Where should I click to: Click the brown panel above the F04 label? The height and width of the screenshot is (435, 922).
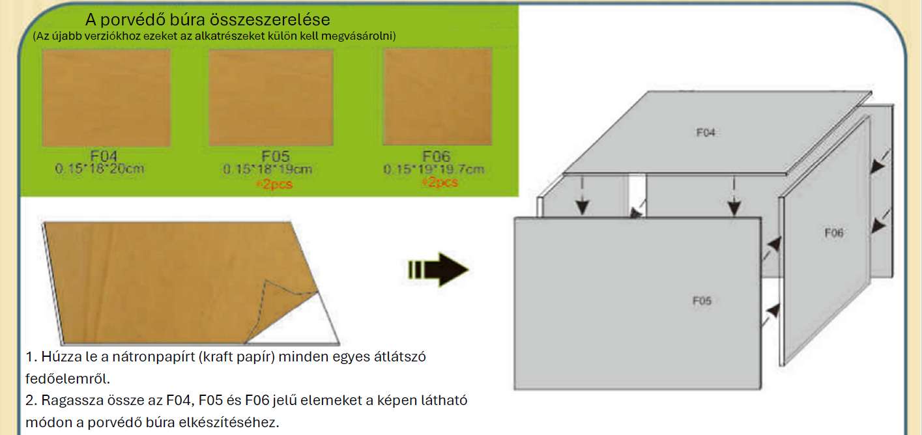click(x=106, y=98)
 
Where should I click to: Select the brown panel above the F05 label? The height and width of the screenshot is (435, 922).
click(x=271, y=98)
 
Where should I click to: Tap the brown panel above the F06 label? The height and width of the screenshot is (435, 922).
click(x=437, y=97)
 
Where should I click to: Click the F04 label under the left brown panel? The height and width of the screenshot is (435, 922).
click(x=104, y=156)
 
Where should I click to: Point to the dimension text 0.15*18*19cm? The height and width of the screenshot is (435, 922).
click(x=268, y=169)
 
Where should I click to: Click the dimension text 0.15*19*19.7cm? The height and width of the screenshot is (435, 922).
click(x=434, y=169)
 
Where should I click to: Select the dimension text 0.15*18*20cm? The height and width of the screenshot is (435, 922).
click(x=100, y=168)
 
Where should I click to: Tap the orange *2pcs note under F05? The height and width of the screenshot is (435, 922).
click(x=274, y=184)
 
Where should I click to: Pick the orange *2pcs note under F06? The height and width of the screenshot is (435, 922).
click(x=440, y=182)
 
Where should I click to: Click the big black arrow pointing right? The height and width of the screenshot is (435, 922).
click(x=438, y=270)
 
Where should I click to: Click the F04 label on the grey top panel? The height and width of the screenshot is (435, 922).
click(x=706, y=132)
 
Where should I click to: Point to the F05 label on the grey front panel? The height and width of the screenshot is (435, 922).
click(x=702, y=301)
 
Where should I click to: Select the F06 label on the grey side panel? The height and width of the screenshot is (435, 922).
click(x=834, y=233)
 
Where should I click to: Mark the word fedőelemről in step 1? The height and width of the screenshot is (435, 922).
click(x=68, y=378)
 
